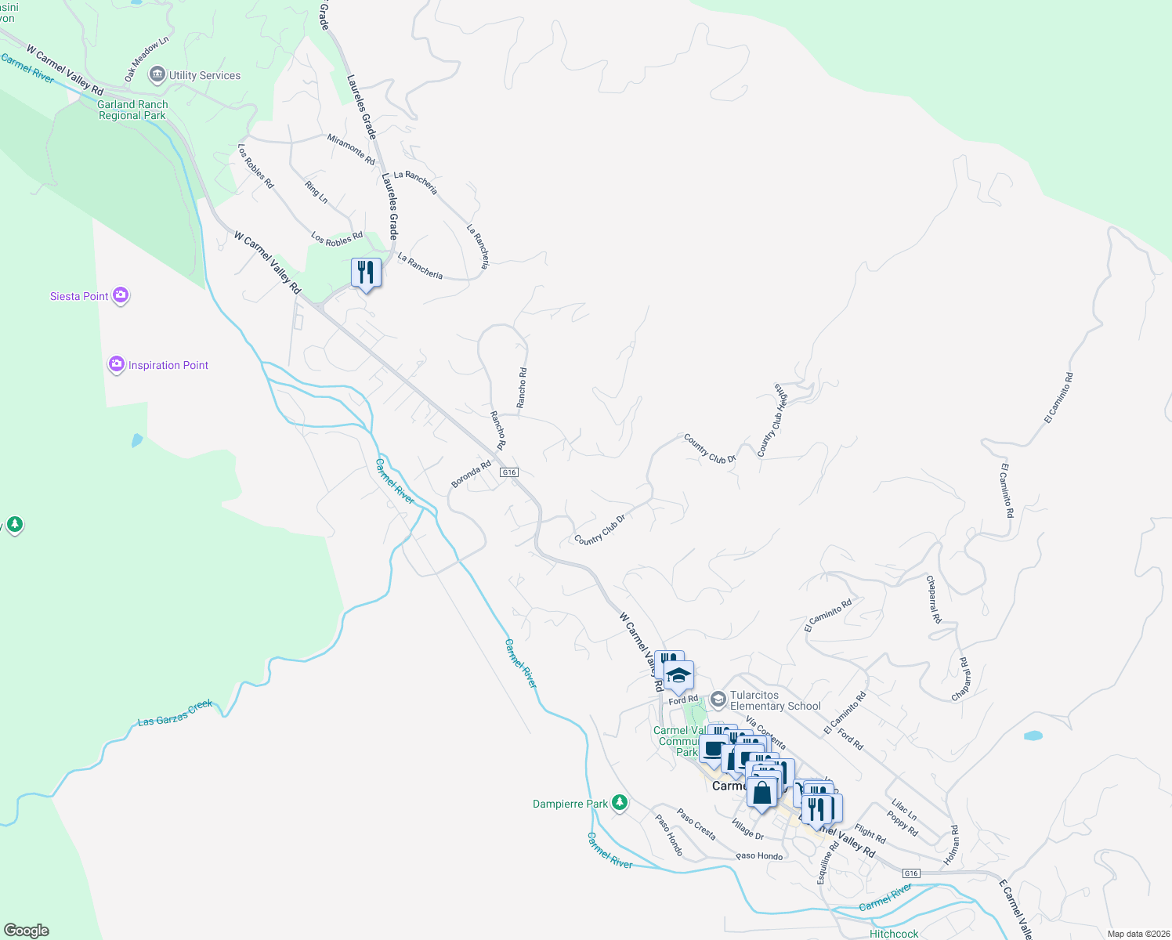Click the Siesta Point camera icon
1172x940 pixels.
click(x=121, y=295)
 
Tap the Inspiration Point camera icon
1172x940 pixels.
click(x=117, y=365)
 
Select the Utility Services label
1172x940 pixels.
click(x=204, y=75)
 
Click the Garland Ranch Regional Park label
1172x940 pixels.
click(x=132, y=110)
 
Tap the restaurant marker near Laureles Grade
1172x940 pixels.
click(x=366, y=273)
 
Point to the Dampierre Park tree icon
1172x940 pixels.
click(x=620, y=803)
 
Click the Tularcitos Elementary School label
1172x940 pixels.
click(x=775, y=700)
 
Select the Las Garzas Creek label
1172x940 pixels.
click(x=175, y=713)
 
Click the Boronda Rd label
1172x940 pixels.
click(x=471, y=474)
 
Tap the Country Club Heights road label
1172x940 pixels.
click(x=772, y=420)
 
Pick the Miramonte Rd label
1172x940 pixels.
click(x=351, y=149)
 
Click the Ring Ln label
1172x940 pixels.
click(x=317, y=192)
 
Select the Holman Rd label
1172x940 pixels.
click(x=951, y=845)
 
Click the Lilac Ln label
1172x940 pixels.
click(x=904, y=810)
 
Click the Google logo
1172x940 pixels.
click(x=27, y=931)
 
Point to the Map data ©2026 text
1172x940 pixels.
click(x=1135, y=934)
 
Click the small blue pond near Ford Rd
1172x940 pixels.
click(x=1033, y=736)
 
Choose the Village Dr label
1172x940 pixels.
click(x=747, y=830)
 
